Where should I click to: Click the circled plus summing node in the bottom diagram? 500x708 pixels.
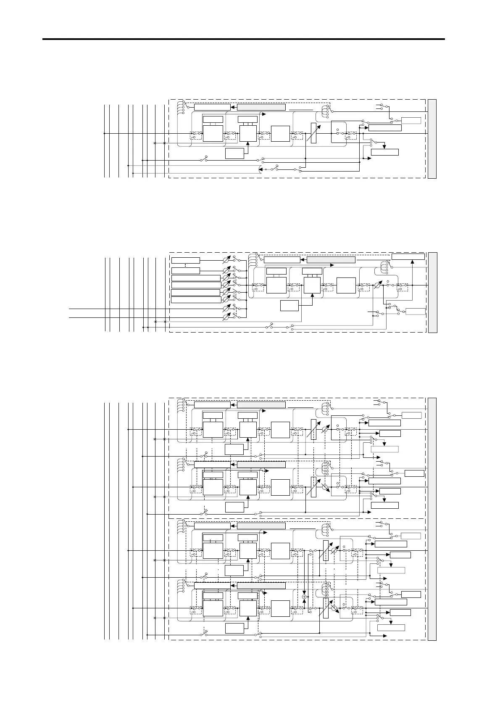coord(305,597)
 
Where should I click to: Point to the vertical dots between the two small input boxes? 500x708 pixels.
coord(185,265)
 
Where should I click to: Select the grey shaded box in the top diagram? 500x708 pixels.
coord(261,107)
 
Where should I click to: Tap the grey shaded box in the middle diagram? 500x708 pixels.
coord(331,259)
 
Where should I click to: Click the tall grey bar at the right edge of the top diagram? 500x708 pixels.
coord(432,139)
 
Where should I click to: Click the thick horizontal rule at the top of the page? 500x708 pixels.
coord(244,39)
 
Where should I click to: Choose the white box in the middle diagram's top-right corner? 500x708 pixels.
coord(408,257)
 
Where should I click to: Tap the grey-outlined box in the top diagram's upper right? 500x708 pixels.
coord(411,121)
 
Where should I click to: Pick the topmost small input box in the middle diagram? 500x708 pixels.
coord(186,260)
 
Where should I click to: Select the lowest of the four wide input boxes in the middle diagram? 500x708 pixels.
coord(196,300)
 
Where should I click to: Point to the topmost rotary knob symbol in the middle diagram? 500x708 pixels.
coord(226,260)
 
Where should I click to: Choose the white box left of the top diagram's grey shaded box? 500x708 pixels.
coord(212,107)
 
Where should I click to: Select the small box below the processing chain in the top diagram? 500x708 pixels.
coord(234,153)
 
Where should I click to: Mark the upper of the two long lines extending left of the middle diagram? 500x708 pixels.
coord(118,309)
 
